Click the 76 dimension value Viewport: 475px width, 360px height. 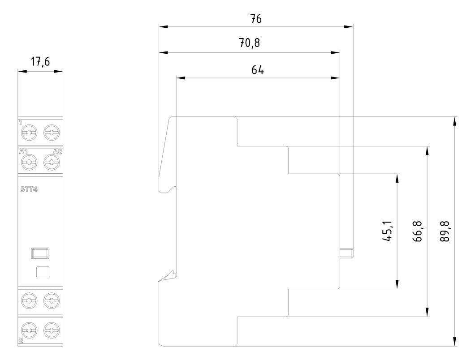tap(256, 19)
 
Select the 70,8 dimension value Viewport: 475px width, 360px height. tap(250, 43)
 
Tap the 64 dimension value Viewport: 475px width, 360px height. tap(258, 70)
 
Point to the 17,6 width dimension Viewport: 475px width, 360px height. tap(40, 62)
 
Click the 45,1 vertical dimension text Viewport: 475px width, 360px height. tap(387, 231)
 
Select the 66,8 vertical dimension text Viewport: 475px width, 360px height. tap(418, 231)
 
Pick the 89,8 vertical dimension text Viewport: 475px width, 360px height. tap(445, 231)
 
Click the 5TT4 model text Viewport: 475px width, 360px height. tap(29, 190)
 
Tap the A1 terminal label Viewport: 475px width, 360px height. tap(23, 152)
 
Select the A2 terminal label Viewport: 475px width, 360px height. tap(57, 152)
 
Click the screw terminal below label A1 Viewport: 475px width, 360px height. tap(29, 162)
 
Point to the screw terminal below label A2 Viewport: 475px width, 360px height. tap(52, 162)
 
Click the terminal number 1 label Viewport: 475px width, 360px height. tap(20, 123)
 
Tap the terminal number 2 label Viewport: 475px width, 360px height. tap(21, 341)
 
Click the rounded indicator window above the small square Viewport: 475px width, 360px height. tap(40, 253)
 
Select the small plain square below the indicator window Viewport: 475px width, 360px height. tap(43, 272)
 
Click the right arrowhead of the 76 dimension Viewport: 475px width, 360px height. tap(349, 27)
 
